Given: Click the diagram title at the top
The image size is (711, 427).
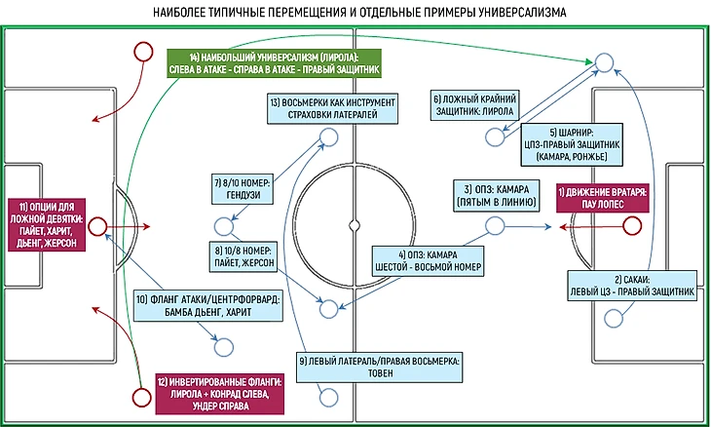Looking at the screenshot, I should (x=355, y=12).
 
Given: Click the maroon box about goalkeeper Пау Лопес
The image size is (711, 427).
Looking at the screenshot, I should (x=601, y=201).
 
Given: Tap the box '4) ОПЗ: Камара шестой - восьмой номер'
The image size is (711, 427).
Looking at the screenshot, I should (x=429, y=257).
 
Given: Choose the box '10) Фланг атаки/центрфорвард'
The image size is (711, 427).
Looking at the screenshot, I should (x=208, y=307).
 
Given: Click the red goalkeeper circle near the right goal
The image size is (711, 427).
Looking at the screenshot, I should (x=632, y=227).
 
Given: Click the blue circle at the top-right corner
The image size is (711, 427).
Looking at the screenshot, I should (x=604, y=63).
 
